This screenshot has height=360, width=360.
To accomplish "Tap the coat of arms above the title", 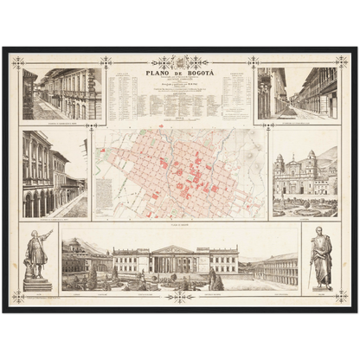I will tap(181, 62).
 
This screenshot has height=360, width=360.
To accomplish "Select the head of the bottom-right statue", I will tap(322, 231).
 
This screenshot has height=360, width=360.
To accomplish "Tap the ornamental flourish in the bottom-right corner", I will tap(342, 297).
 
